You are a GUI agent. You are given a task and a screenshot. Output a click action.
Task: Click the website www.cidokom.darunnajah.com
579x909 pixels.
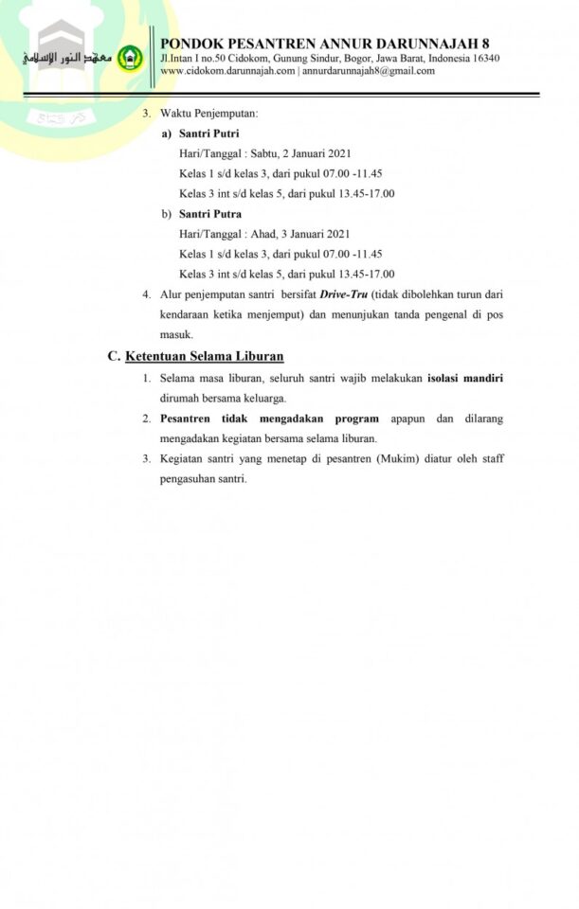click(227, 70)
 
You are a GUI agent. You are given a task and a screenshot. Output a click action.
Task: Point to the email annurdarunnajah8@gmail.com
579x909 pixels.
click(369, 70)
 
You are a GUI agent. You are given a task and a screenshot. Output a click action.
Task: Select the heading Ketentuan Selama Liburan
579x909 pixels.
click(205, 356)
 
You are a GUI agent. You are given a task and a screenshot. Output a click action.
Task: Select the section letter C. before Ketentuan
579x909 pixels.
click(114, 356)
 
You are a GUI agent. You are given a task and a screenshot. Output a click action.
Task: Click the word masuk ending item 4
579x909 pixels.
click(176, 334)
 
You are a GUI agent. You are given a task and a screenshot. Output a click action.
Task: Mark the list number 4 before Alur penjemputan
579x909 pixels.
click(146, 294)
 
